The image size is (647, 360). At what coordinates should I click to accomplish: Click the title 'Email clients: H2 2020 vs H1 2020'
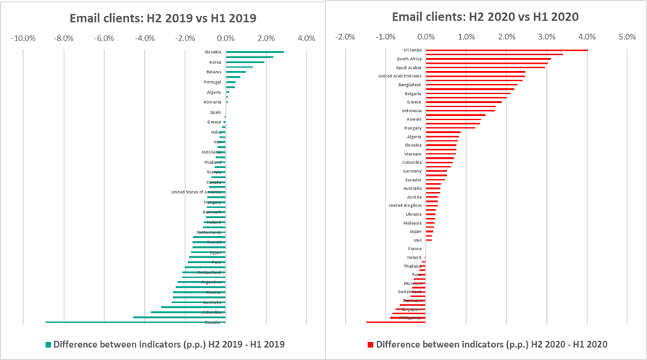click(x=485, y=17)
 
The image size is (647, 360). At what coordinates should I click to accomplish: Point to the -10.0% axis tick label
click(x=24, y=38)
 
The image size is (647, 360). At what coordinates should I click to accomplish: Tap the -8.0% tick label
click(x=64, y=38)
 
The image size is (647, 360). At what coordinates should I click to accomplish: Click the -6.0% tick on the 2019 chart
click(x=104, y=38)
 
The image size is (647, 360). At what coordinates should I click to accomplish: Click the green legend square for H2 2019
click(x=49, y=345)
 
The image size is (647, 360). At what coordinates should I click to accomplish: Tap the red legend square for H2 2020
click(x=371, y=345)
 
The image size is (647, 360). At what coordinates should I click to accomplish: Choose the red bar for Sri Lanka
click(x=506, y=50)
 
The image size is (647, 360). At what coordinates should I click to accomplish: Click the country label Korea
click(x=214, y=62)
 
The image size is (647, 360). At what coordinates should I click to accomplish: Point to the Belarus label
click(x=214, y=72)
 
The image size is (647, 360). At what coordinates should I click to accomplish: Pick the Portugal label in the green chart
click(x=213, y=83)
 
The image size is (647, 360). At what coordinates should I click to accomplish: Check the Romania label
click(x=213, y=102)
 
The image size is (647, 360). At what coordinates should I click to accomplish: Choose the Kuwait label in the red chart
click(x=413, y=120)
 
